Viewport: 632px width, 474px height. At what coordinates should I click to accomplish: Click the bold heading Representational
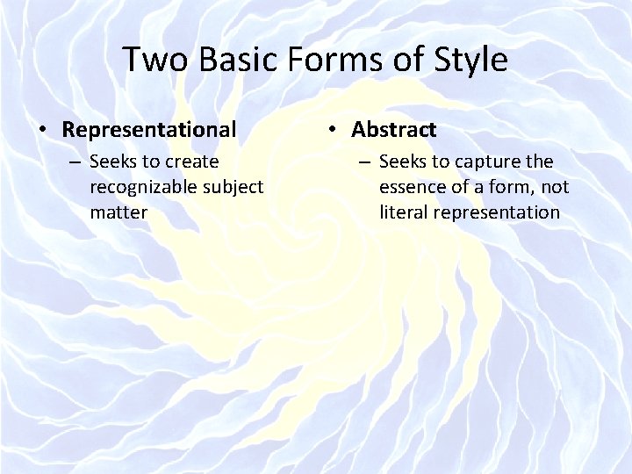click(x=149, y=130)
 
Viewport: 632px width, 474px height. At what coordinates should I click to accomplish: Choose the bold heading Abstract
click(x=393, y=130)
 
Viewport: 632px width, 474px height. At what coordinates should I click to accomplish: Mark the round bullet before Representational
click(x=43, y=131)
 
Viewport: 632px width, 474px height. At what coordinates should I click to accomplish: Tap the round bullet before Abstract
click(x=333, y=131)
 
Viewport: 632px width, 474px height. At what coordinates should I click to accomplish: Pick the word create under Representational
click(x=191, y=162)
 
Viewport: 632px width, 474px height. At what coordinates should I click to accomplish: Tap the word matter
click(x=118, y=212)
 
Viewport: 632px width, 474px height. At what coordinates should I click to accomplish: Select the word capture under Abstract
click(x=488, y=162)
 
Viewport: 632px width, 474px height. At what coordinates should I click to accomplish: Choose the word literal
click(x=403, y=212)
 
